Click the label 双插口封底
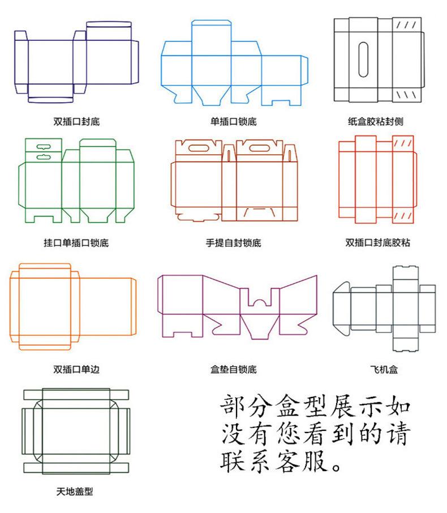click(x=76, y=121)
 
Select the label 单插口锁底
click(x=233, y=121)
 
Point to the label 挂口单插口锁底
click(x=76, y=243)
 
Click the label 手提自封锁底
click(x=233, y=243)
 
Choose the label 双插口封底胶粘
click(x=377, y=243)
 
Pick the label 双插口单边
click(x=76, y=370)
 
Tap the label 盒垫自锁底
click(x=233, y=370)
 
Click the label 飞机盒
click(x=384, y=370)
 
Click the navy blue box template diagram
click(x=76, y=62)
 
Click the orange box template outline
click(x=74, y=306)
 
